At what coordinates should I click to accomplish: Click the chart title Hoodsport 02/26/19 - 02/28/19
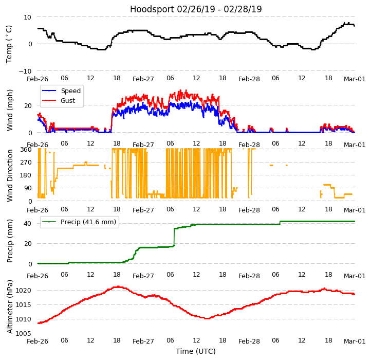tap(196, 9)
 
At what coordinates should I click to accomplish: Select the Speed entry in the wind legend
tap(70, 91)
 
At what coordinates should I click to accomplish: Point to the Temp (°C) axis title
tap(9, 44)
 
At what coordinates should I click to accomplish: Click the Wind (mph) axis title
tap(10, 110)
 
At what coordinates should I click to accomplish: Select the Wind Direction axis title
tap(10, 175)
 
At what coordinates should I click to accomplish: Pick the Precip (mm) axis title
tap(10, 241)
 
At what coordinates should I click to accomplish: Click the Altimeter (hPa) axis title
tap(10, 307)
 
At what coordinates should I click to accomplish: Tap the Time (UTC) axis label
tap(196, 351)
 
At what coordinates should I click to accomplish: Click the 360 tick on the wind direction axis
tap(26, 150)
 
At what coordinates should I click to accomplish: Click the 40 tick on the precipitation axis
tap(28, 223)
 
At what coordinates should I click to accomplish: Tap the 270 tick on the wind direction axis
tap(26, 163)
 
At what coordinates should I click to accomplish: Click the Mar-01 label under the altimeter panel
tap(355, 341)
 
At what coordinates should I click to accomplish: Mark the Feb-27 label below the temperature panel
tap(143, 79)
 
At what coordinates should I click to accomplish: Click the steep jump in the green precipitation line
tap(174, 237)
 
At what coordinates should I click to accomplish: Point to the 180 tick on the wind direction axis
tap(26, 175)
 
